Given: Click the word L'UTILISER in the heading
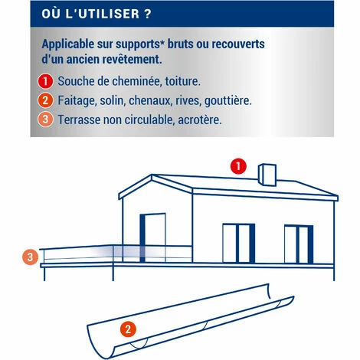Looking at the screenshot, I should [98, 14].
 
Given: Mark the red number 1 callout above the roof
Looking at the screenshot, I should [238, 165].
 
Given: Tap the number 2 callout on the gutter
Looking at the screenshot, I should [128, 330].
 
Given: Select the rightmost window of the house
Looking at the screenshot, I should [299, 242].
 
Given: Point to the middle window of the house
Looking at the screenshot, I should [238, 242].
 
